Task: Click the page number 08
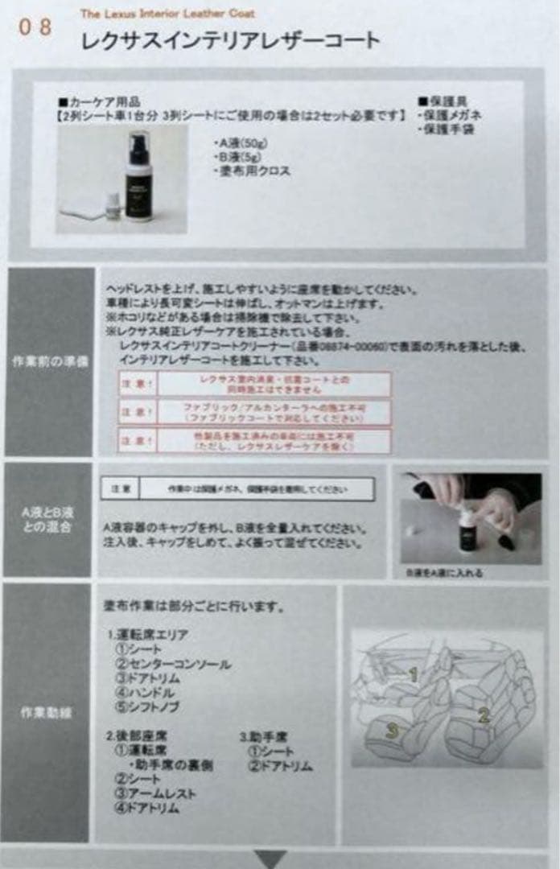click(36, 27)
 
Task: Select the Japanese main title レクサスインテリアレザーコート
click(230, 40)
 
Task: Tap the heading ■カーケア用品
click(99, 102)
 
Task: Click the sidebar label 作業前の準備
click(51, 361)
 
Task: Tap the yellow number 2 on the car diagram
click(484, 714)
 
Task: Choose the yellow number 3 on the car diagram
click(391, 730)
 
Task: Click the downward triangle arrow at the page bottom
click(270, 859)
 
